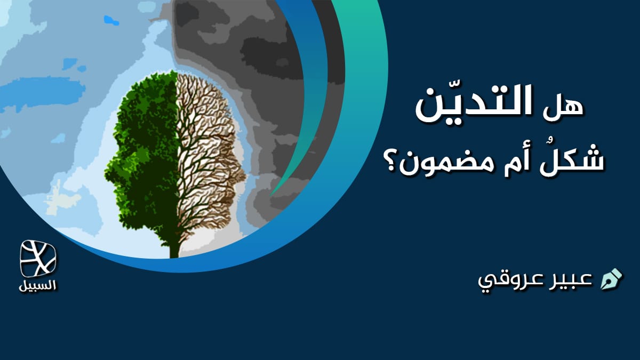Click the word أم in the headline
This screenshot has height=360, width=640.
[523, 161]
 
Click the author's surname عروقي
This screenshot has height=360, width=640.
[510, 281]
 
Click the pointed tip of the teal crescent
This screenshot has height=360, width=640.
[271, 195]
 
